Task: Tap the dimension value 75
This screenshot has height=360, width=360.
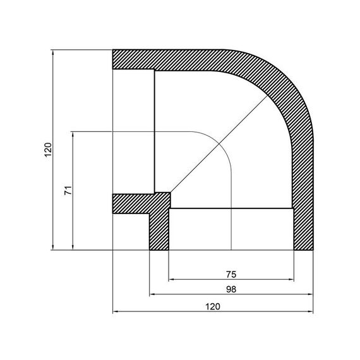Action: pyautogui.click(x=231, y=273)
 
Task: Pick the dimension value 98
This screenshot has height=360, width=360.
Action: pyautogui.click(x=231, y=289)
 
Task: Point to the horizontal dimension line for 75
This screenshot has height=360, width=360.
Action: pyautogui.click(x=202, y=279)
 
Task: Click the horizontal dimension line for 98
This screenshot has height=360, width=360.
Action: pyautogui.click(x=189, y=294)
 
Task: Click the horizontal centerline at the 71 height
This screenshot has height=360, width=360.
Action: pyautogui.click(x=126, y=131)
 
